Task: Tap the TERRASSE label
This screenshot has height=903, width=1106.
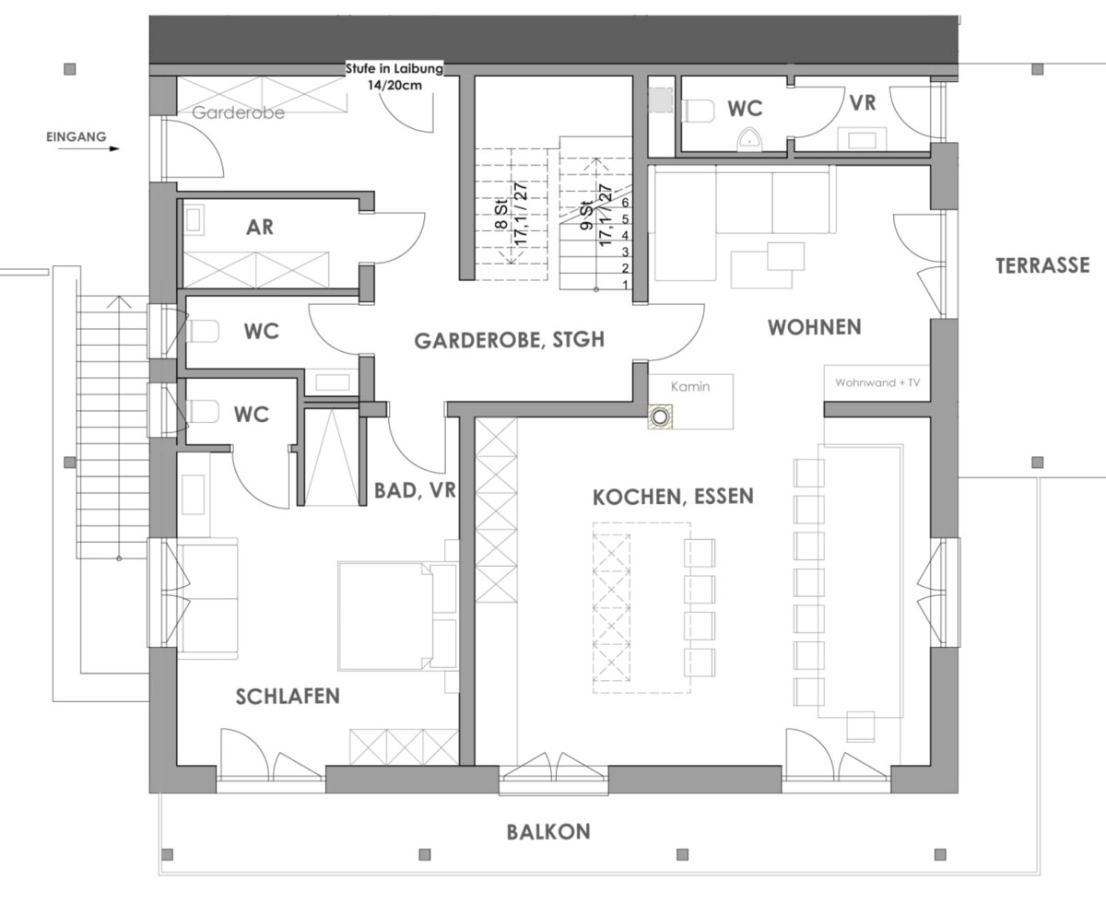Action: [1042, 266]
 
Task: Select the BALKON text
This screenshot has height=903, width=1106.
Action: [547, 832]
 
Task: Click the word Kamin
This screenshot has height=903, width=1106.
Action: [689, 387]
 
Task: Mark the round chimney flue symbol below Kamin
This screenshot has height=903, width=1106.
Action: [660, 417]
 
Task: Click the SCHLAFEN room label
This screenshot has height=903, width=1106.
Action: [288, 697]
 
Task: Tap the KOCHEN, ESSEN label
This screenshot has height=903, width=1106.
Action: [672, 497]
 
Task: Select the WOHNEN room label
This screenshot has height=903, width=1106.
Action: [815, 327]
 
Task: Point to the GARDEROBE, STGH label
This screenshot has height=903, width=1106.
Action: [509, 340]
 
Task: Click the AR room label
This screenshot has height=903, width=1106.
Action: [261, 227]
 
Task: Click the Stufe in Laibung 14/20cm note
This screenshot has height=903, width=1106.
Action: [394, 76]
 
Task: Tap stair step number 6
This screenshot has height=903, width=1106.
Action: [625, 202]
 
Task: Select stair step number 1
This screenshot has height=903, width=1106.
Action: [625, 285]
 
